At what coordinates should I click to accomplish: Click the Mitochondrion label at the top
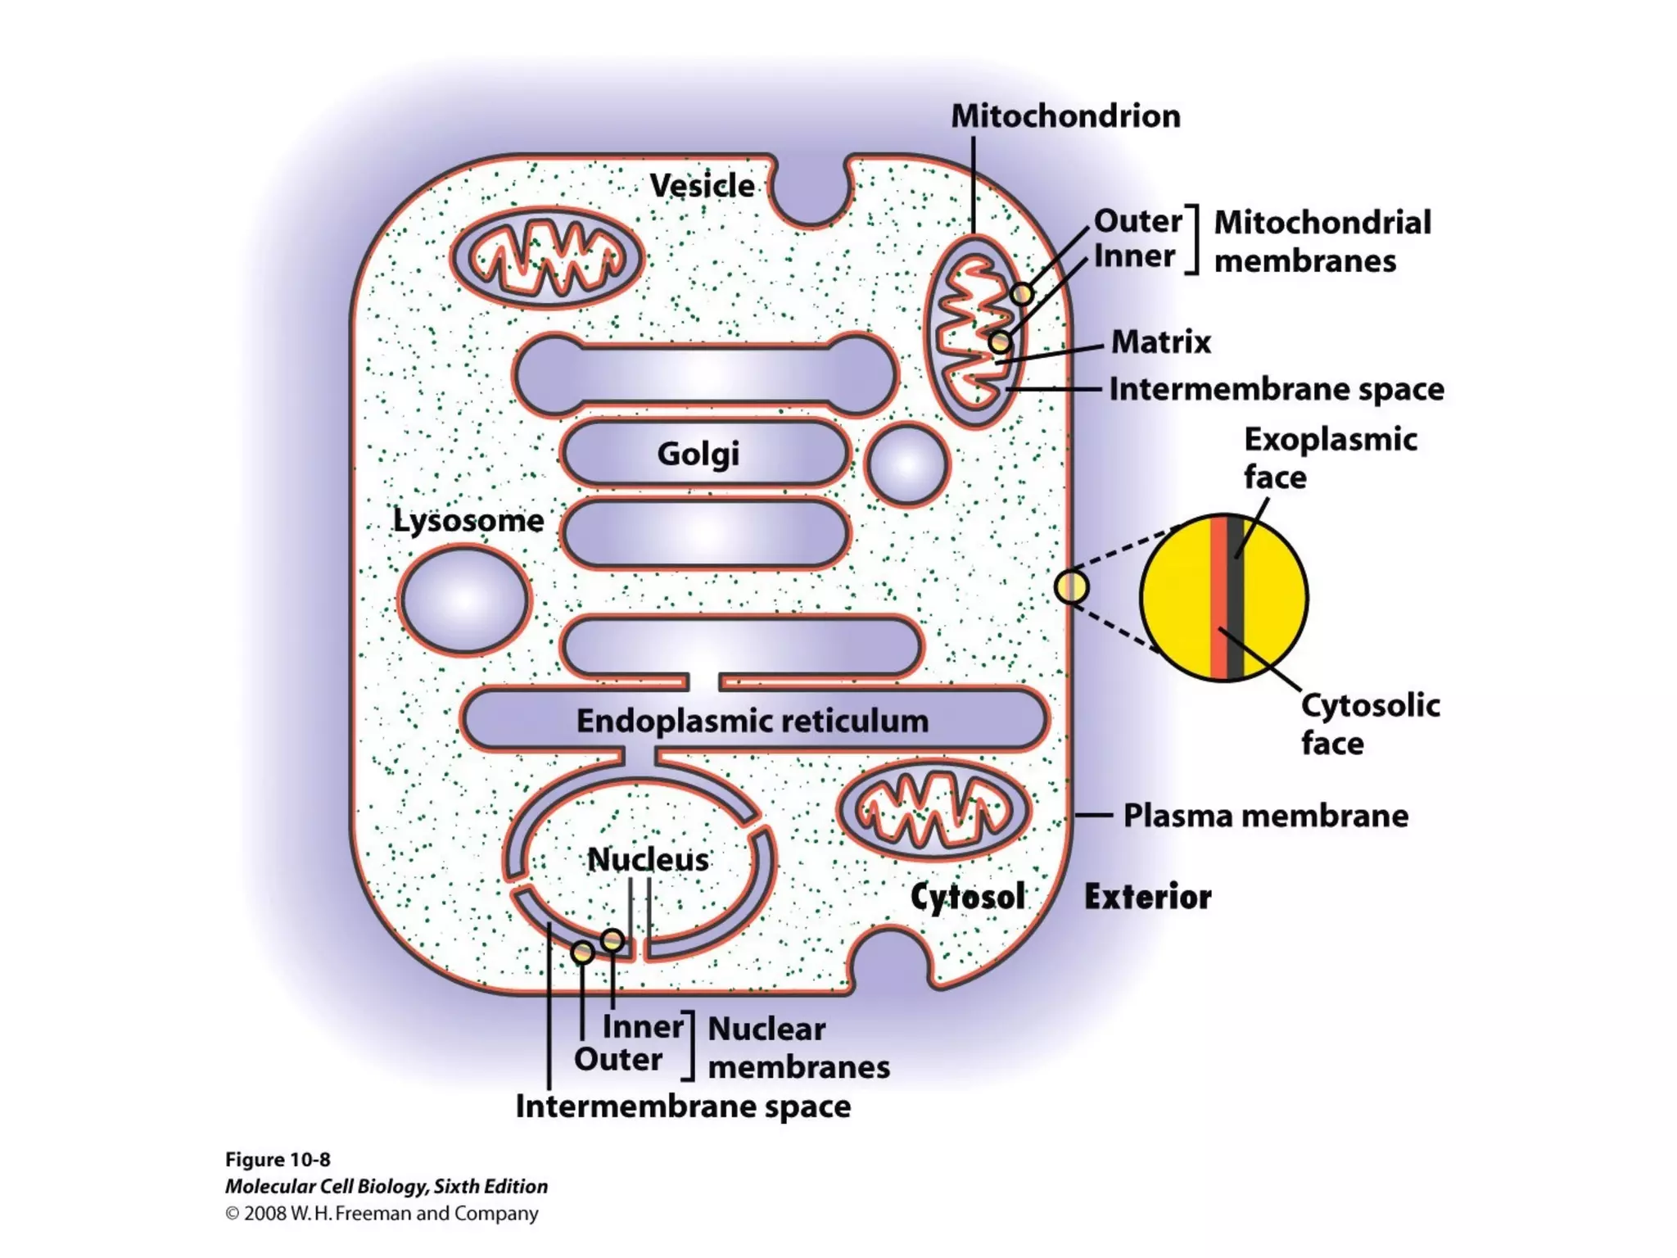point(1065,116)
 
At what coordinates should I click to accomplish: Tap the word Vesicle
point(702,186)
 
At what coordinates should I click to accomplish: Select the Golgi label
point(698,454)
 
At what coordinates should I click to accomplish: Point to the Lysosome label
point(468,521)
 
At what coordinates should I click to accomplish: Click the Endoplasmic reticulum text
point(753,721)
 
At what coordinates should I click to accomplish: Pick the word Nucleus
point(648,859)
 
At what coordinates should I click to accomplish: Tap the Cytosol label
point(967,897)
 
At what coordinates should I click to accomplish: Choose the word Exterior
point(1147,897)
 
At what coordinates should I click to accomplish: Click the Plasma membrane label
point(1265,816)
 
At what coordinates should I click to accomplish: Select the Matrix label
point(1160,342)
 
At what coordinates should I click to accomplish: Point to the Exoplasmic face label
point(1330,458)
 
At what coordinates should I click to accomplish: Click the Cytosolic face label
point(1370,724)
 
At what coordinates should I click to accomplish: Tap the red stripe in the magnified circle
point(1218,598)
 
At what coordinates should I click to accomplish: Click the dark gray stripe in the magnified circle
point(1236,598)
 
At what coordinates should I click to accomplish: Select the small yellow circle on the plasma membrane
point(1071,587)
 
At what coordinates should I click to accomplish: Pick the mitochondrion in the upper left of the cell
point(547,258)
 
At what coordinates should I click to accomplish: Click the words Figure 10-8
point(278,1160)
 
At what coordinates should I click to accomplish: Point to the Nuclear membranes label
point(798,1048)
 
